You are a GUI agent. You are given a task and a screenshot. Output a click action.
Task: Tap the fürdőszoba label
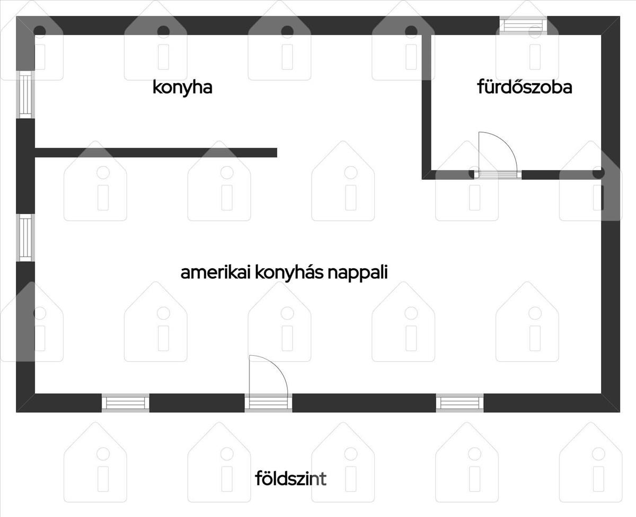[x=525, y=87]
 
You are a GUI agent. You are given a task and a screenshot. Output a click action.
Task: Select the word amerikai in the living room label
[x=216, y=272]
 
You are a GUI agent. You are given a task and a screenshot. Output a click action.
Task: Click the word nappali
[x=358, y=273]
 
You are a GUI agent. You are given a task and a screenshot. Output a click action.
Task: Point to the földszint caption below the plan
[x=290, y=478]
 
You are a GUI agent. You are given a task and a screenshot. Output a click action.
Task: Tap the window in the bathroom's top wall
[x=524, y=25]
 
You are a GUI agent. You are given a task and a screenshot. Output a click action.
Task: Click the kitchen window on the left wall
[x=25, y=95]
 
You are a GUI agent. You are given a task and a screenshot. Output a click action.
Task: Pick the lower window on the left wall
[x=25, y=238]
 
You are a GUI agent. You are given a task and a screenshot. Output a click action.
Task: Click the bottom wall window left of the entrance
[x=126, y=403]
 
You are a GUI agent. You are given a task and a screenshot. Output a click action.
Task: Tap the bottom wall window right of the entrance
[x=460, y=403]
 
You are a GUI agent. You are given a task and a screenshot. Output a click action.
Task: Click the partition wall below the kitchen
[x=156, y=153]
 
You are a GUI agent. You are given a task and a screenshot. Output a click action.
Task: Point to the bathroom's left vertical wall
[x=427, y=107]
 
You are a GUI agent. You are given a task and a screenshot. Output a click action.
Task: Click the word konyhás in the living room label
[x=289, y=273]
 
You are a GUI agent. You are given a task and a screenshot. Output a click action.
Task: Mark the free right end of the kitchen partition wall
[x=277, y=153]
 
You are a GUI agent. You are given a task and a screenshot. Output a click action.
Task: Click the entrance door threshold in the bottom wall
[x=268, y=403]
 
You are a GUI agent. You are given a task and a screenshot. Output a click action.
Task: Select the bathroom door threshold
[x=498, y=175]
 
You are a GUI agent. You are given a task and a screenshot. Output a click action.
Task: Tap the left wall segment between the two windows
[x=25, y=167]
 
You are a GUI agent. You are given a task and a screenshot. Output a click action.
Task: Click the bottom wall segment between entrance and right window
[x=364, y=403]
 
